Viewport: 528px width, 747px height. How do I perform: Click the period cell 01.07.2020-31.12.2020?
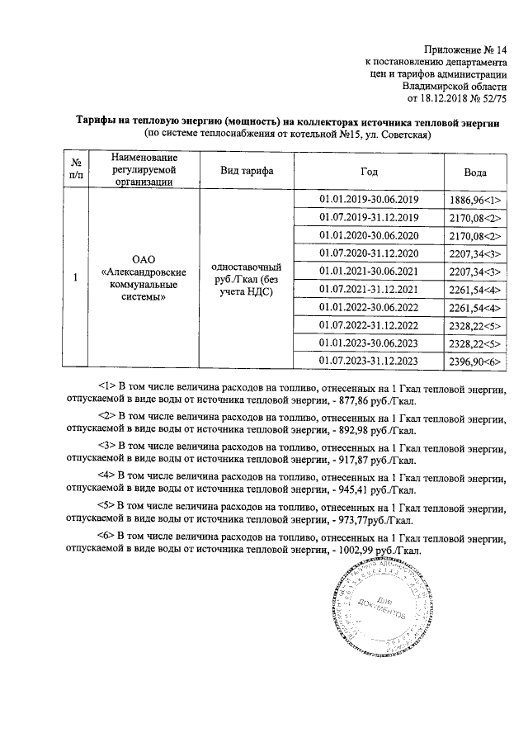pos(369,253)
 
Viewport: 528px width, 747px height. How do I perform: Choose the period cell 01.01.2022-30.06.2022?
pos(369,307)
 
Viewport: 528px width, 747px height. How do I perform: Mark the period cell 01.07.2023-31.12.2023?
pos(369,361)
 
